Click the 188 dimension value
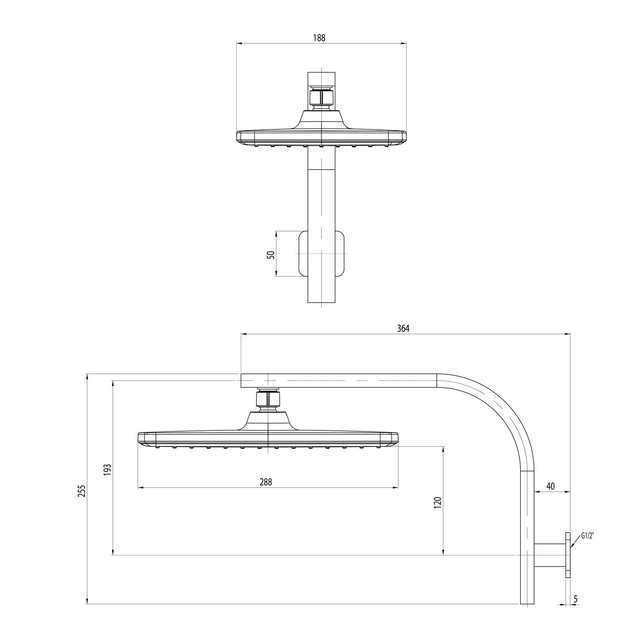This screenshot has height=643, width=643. pyautogui.click(x=319, y=38)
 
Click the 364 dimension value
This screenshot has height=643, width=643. pyautogui.click(x=403, y=328)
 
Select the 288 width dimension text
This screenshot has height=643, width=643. pyautogui.click(x=266, y=482)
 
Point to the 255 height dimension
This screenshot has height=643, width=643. pyautogui.click(x=82, y=491)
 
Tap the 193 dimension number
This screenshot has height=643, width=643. pyautogui.click(x=107, y=470)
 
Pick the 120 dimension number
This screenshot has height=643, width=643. pyautogui.click(x=438, y=503)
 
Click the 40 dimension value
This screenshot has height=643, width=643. pyautogui.click(x=551, y=486)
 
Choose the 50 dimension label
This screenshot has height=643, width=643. pyautogui.click(x=271, y=254)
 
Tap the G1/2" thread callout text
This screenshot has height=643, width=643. pyautogui.click(x=588, y=536)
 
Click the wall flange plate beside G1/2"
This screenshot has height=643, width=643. pyautogui.click(x=567, y=555)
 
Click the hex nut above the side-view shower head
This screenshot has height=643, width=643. pyautogui.click(x=267, y=399)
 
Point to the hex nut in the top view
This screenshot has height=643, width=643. pyautogui.click(x=321, y=97)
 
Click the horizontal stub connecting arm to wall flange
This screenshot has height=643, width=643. pyautogui.click(x=550, y=555)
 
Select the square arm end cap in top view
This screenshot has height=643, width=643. pyautogui.click(x=321, y=79)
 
